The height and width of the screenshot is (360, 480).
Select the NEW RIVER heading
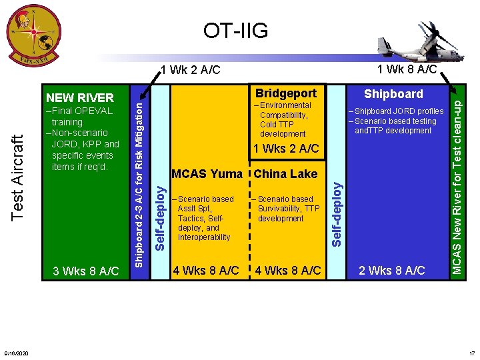click(x=80, y=97)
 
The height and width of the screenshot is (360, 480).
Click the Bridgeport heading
click(x=286, y=93)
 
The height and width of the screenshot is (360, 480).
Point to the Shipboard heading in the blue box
click(x=393, y=93)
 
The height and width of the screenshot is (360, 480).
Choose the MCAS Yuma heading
click(x=207, y=174)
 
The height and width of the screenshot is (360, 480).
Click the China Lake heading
click(x=286, y=174)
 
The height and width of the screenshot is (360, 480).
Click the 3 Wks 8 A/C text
click(x=86, y=271)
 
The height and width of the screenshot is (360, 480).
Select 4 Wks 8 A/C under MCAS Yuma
click(x=206, y=271)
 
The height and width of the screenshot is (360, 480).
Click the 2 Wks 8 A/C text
click(x=392, y=270)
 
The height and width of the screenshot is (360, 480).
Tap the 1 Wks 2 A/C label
click(x=287, y=148)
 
